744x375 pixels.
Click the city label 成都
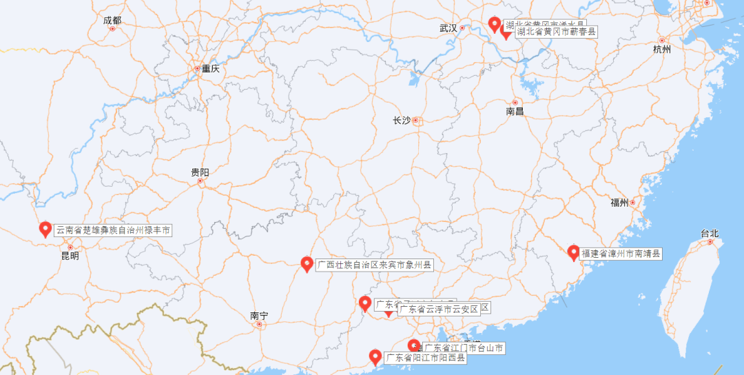(x=112, y=21)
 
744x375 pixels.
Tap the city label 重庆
(x=210, y=69)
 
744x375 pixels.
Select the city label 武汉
(x=448, y=28)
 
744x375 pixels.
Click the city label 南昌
(x=515, y=111)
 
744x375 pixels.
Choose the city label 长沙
(x=402, y=121)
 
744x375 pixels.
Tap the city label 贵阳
(x=200, y=172)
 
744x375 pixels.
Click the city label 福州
(x=619, y=203)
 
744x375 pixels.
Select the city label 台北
(x=710, y=233)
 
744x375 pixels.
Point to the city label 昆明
(x=70, y=256)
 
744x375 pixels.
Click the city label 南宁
(x=259, y=316)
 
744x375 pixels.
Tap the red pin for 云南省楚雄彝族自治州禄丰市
(x=45, y=229)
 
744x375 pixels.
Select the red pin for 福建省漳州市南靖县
(x=573, y=252)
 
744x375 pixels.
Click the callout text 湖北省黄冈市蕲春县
(x=556, y=32)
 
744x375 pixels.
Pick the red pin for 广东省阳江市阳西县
(x=375, y=356)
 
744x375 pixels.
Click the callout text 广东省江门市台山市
(x=464, y=348)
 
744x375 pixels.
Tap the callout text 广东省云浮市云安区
(x=443, y=309)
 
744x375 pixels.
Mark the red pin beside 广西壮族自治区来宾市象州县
(x=308, y=263)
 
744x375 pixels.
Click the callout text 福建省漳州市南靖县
(x=621, y=254)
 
